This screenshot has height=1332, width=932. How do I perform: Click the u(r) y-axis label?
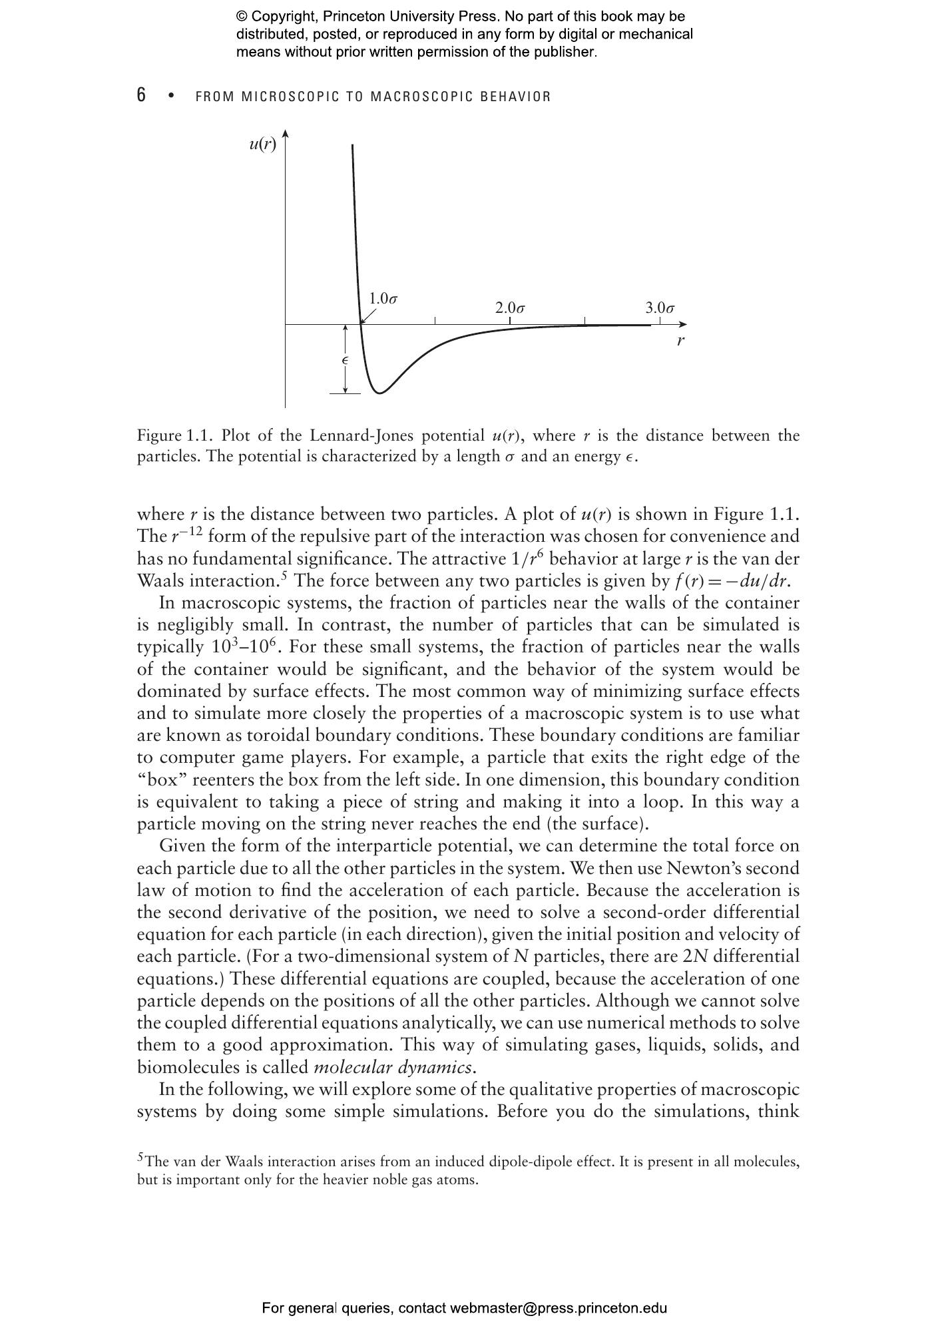(x=262, y=144)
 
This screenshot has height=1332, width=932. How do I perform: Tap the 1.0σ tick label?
(x=383, y=298)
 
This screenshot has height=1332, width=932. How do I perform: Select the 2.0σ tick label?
(x=510, y=308)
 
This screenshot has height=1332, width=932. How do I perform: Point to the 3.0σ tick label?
(x=660, y=308)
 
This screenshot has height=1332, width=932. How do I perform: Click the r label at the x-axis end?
(x=680, y=341)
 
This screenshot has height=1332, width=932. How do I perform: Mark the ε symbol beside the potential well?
(x=345, y=360)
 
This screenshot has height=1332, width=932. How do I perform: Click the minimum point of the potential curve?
(x=379, y=393)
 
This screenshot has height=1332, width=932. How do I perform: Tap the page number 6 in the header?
(x=141, y=95)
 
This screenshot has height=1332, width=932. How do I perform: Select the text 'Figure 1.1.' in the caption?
(x=175, y=436)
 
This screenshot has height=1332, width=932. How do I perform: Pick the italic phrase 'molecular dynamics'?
(x=393, y=1067)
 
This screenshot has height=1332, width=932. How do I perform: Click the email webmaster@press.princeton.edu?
(x=558, y=1308)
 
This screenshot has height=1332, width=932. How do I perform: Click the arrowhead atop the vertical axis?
(x=285, y=134)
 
